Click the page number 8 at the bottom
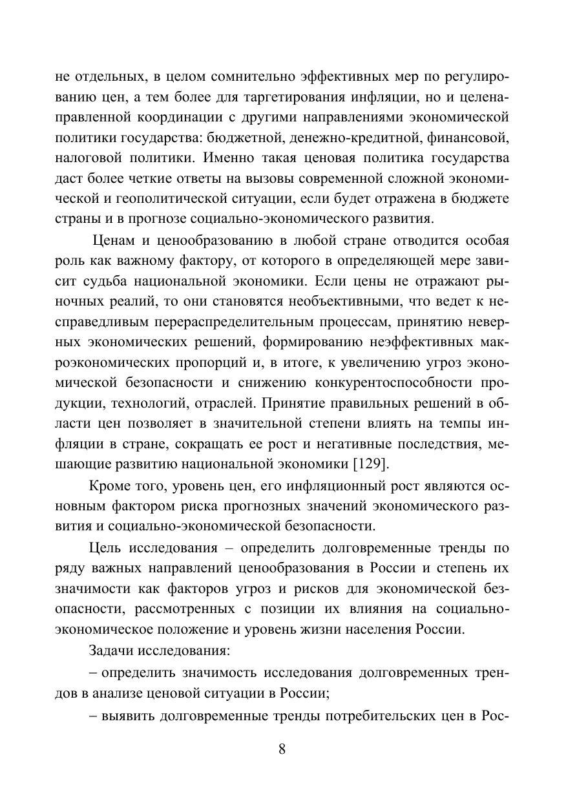tap(282, 749)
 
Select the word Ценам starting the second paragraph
tap(115, 241)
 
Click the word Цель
tap(105, 548)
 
